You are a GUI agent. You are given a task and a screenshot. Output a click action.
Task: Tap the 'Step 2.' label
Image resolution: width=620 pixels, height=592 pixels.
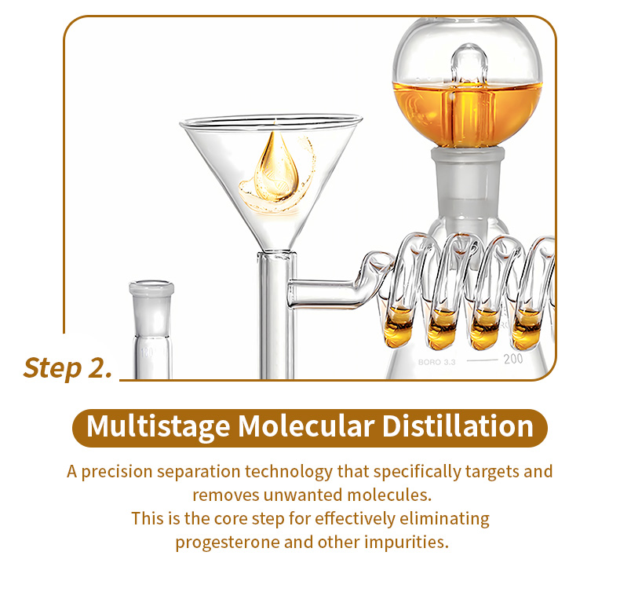click(68, 367)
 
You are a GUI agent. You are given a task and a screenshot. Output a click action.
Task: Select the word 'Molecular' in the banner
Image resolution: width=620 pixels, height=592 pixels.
click(306, 426)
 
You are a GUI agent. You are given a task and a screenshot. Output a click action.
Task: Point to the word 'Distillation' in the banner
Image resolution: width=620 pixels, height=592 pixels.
click(458, 426)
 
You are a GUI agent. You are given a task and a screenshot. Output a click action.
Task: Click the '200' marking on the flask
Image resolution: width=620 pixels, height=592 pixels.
click(512, 359)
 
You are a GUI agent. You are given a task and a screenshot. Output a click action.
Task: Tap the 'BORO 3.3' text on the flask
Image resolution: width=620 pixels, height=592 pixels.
click(437, 362)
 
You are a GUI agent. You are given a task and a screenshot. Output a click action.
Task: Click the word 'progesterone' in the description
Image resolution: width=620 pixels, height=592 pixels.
click(228, 543)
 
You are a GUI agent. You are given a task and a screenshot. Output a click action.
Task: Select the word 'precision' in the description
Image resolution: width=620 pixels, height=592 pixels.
click(117, 472)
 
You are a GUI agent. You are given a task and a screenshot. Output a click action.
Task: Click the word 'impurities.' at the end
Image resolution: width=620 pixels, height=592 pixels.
click(407, 543)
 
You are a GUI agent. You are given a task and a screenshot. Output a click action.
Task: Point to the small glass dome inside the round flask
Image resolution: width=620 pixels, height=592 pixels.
click(469, 65)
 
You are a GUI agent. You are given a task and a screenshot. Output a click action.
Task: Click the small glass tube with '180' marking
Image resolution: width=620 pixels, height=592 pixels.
click(151, 331)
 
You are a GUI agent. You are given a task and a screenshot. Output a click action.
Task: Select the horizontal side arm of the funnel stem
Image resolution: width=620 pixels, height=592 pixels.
click(323, 293)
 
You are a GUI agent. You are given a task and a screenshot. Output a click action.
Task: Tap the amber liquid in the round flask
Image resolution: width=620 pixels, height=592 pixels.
click(467, 113)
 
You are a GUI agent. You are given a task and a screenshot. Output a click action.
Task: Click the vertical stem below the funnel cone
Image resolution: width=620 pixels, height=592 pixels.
click(276, 316)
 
